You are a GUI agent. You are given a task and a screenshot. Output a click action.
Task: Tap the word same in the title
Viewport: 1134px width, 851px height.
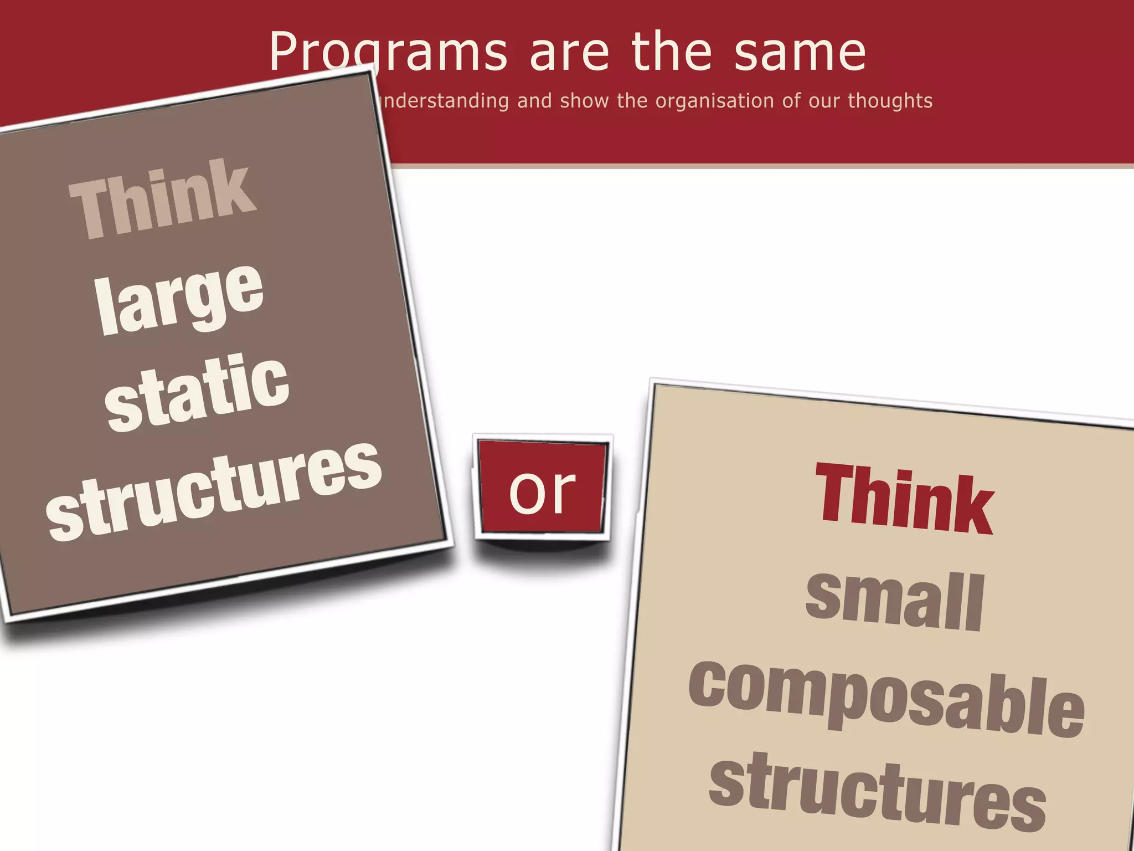800,53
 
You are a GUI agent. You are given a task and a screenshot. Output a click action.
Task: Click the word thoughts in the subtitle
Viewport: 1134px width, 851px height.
890,101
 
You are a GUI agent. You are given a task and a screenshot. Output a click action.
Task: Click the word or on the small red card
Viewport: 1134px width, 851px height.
542,490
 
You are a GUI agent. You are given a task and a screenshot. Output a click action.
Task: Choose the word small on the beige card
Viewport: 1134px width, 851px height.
895,601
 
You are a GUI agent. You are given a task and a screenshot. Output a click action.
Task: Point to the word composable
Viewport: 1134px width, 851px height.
886,698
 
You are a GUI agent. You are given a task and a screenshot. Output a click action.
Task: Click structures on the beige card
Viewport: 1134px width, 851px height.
877,792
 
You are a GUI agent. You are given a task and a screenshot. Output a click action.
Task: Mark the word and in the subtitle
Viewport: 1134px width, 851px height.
534,101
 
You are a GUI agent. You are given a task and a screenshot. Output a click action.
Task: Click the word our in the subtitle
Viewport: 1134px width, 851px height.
824,101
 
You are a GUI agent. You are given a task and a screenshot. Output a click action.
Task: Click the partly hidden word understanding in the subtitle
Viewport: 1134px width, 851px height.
443,101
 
